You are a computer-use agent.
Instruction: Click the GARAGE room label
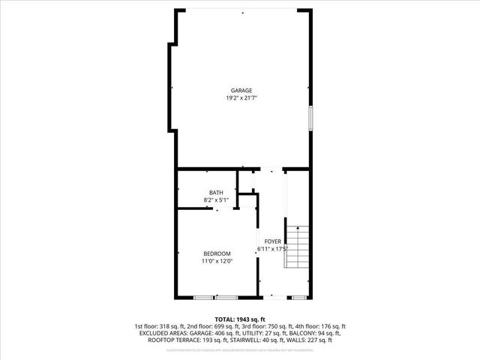pos(241,91)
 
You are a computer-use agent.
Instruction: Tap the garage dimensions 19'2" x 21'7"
pos(241,98)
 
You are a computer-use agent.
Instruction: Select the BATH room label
pos(216,193)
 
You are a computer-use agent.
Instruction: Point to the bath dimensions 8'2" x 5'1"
pos(216,200)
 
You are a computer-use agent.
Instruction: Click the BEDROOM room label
pos(217,253)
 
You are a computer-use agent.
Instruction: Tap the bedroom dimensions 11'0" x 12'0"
pos(217,261)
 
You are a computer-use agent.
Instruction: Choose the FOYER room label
pos(272,241)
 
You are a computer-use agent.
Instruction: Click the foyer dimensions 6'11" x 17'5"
pos(272,249)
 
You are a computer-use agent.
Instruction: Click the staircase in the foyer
pos(296,247)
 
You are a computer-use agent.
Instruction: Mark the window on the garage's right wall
pos(311,119)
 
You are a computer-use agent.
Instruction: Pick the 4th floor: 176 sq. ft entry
pos(318,326)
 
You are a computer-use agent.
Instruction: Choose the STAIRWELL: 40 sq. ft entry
pos(259,340)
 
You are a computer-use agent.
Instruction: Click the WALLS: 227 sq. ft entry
pos(312,340)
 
